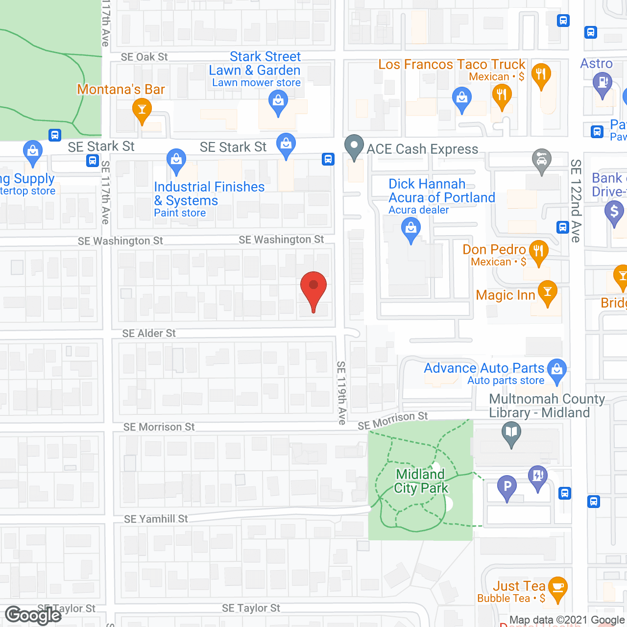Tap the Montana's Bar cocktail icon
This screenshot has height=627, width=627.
[142, 109]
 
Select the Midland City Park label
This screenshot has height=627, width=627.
[421, 481]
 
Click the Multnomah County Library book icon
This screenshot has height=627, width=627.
[511, 433]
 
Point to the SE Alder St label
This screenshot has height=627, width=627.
[149, 334]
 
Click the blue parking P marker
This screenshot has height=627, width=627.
[507, 486]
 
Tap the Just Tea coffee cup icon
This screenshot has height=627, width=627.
[557, 587]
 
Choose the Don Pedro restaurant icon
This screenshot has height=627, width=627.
[538, 251]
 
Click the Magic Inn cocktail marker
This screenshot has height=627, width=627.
[548, 292]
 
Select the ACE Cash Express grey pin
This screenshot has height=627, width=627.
[354, 145]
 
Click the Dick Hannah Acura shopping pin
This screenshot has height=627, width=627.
[411, 228]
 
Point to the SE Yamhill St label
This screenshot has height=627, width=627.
[156, 519]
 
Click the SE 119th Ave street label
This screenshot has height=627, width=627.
[341, 392]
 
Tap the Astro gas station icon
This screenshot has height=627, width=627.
[603, 83]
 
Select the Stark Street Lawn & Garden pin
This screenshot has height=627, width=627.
[278, 102]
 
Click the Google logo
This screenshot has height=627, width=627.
[33, 615]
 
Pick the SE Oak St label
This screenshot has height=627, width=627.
[144, 57]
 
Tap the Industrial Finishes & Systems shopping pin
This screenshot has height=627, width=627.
[176, 160]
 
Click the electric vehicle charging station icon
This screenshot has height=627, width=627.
[537, 476]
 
